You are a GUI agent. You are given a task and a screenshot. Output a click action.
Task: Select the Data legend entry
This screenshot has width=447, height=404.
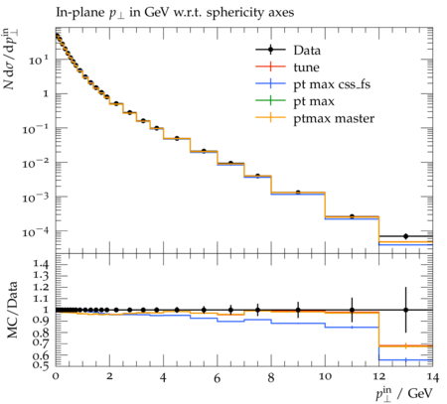pyautogui.click(x=307, y=51)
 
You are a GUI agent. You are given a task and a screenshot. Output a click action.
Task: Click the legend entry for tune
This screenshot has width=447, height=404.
pyautogui.click(x=306, y=67)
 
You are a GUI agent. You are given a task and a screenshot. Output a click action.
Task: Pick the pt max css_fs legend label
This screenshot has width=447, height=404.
pyautogui.click(x=332, y=84)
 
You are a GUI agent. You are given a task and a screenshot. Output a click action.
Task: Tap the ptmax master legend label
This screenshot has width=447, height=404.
pyautogui.click(x=334, y=118)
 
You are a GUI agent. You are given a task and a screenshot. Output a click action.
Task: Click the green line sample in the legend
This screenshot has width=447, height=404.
pyautogui.click(x=270, y=100)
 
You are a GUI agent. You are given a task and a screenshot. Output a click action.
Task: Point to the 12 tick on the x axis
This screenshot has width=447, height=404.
pyautogui.click(x=378, y=376)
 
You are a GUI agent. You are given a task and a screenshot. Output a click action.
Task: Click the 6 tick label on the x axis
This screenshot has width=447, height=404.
pyautogui.click(x=218, y=377)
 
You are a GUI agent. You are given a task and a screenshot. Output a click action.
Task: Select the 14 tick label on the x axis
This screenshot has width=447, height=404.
pyautogui.click(x=433, y=376)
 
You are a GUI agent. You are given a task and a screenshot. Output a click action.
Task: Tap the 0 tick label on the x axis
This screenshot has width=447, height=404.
pyautogui.click(x=56, y=376)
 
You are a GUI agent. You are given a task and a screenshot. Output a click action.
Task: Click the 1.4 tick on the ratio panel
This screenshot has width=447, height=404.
pyautogui.click(x=41, y=264)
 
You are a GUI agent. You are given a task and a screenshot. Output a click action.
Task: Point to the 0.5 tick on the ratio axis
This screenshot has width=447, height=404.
pyautogui.click(x=41, y=364)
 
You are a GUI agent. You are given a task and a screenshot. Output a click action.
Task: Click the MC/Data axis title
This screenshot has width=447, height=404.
pyautogui.click(x=12, y=310)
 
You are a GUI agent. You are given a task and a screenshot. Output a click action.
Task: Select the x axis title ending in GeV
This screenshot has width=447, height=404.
pyautogui.click(x=404, y=393)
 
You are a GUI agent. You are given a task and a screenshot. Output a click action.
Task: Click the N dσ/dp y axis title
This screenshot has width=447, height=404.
pyautogui.click(x=11, y=59)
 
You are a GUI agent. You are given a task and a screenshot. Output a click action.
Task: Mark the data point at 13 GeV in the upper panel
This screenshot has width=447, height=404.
pyautogui.click(x=405, y=236)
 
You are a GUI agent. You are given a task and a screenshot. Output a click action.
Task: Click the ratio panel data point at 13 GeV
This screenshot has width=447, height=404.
pyautogui.click(x=405, y=310)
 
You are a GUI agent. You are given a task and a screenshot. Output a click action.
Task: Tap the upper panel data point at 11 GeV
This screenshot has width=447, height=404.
pyautogui.click(x=352, y=216)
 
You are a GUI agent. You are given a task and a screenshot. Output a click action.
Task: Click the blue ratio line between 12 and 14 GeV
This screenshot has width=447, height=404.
pyautogui.click(x=405, y=359)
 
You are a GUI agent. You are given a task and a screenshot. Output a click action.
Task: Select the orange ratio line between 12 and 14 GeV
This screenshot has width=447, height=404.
pyautogui.click(x=405, y=345)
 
